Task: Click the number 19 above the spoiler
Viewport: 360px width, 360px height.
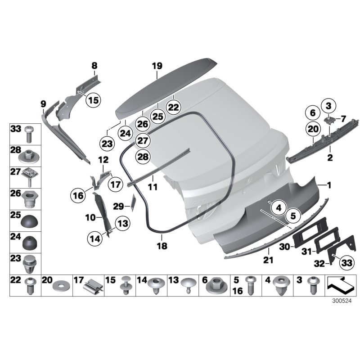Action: pyautogui.click(x=156, y=66)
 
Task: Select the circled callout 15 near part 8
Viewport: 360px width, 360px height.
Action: pyautogui.click(x=93, y=100)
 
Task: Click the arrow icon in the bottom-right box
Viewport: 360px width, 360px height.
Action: pyautogui.click(x=340, y=285)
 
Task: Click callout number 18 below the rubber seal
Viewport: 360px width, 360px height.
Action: pyautogui.click(x=161, y=246)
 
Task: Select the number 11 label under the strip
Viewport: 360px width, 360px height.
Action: pyautogui.click(x=153, y=186)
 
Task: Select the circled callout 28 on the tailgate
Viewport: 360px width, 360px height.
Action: pyautogui.click(x=142, y=157)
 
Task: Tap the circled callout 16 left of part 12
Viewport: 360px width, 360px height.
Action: pyautogui.click(x=77, y=195)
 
